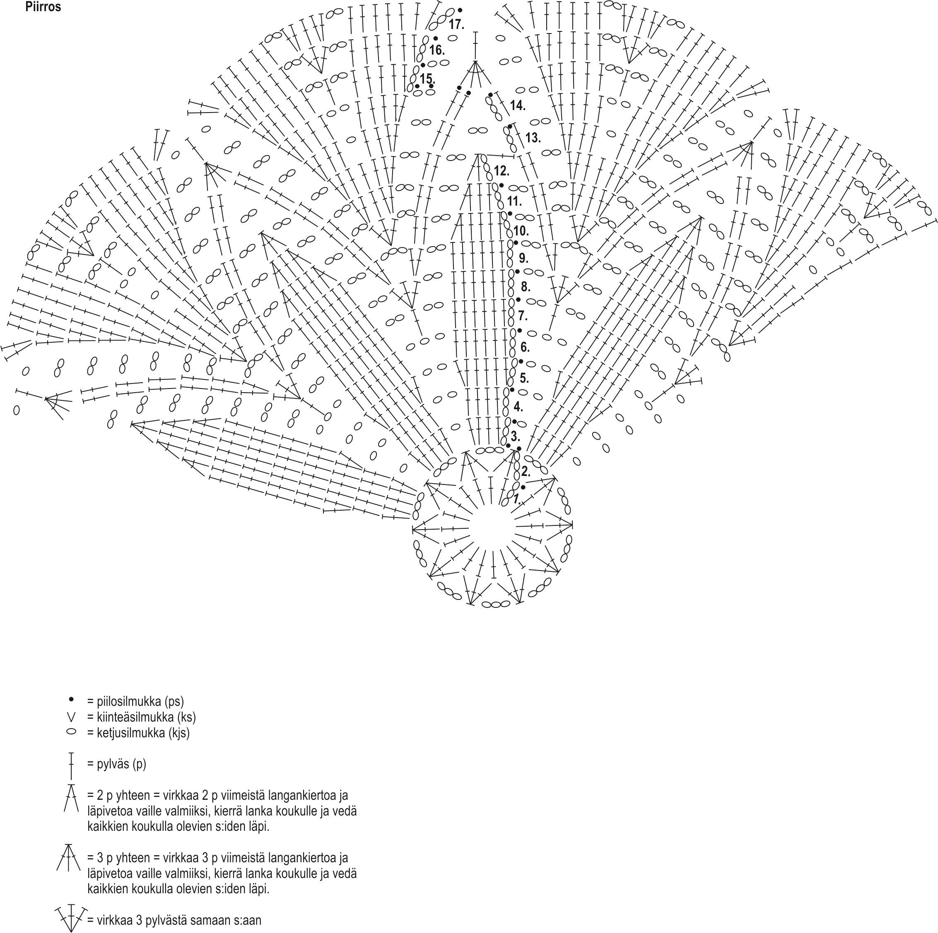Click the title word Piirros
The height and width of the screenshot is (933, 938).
point(43,7)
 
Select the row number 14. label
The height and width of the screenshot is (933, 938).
point(518,105)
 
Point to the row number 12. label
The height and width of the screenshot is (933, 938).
point(502,171)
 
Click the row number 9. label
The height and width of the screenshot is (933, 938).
point(523,258)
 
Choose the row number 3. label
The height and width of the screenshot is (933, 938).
point(515,436)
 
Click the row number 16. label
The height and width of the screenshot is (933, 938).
point(436,50)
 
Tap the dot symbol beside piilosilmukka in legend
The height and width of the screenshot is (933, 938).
point(71,699)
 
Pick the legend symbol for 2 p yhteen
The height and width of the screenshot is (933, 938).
point(71,799)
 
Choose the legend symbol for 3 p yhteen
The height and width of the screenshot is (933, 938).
point(69,858)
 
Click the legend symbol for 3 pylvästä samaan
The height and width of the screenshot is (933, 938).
point(71,917)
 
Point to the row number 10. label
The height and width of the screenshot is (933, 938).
point(521,231)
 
